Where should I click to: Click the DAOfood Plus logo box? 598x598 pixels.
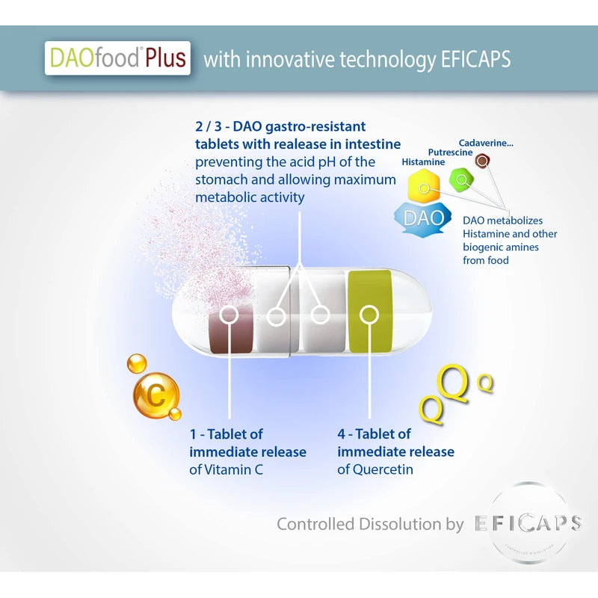tap(117, 58)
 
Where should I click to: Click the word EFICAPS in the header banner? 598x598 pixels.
tap(476, 59)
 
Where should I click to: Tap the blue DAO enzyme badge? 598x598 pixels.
tap(422, 218)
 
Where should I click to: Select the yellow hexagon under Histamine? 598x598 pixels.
tap(424, 186)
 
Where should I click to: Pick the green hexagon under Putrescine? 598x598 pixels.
tap(461, 179)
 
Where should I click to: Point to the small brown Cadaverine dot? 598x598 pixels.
tap(482, 161)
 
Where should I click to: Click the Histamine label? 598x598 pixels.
tap(423, 162)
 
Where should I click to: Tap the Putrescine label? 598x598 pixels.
tap(451, 152)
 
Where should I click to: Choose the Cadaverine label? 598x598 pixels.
tap(486, 143)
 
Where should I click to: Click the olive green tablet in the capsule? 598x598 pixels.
tap(370, 311)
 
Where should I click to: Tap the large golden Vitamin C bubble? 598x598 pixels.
tap(156, 395)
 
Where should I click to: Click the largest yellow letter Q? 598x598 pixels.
tap(454, 384)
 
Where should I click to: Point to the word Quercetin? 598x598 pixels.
tap(383, 469)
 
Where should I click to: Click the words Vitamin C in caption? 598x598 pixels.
tap(234, 470)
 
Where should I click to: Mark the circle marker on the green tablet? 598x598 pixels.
tap(369, 315)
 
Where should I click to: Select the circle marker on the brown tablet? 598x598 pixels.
tap(229, 315)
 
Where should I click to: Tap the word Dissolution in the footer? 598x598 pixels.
tap(401, 524)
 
